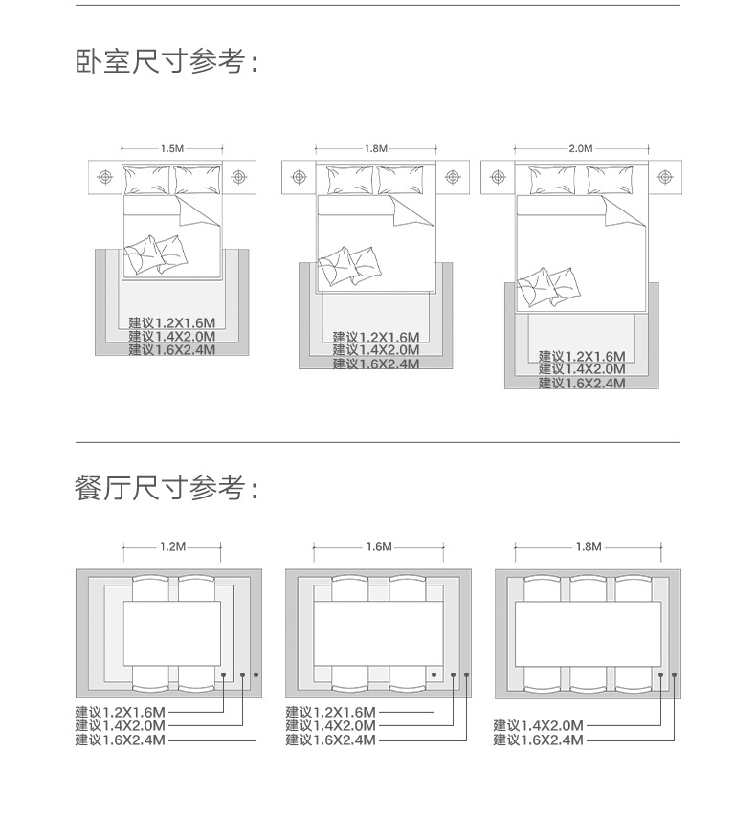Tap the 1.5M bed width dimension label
(171, 149)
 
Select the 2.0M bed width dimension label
(581, 149)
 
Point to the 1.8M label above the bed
(376, 149)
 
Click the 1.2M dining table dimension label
(172, 547)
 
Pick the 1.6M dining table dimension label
(379, 547)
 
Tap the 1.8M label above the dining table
(589, 547)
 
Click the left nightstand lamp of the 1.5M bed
(104, 178)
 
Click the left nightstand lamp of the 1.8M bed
(300, 178)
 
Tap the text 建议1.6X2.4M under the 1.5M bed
(172, 350)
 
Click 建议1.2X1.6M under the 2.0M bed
(582, 356)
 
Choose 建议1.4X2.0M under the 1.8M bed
(376, 350)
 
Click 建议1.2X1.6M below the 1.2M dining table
(121, 713)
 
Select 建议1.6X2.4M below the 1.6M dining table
(330, 740)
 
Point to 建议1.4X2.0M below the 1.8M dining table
(538, 726)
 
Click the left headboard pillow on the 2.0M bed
(552, 181)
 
